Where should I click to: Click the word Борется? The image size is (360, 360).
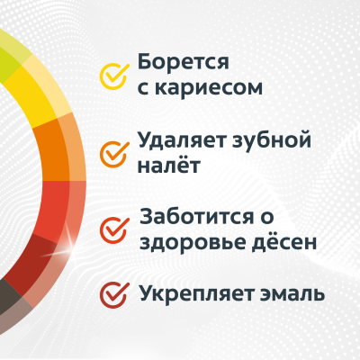(x=184, y=64)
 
